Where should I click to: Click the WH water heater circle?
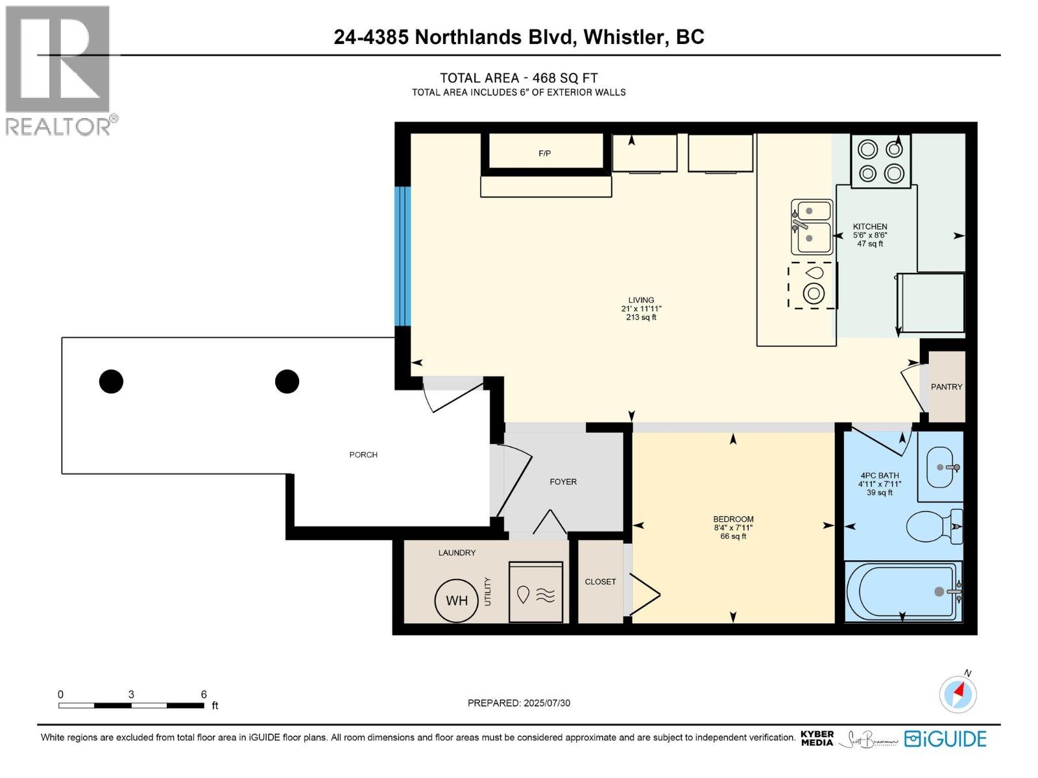[457, 600]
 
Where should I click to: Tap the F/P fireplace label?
[545, 154]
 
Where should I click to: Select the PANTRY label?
[947, 386]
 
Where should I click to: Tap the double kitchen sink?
[812, 226]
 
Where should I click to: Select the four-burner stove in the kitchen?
[881, 161]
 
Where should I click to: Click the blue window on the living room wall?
[404, 256]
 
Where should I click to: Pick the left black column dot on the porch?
[111, 381]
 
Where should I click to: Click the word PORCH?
[363, 454]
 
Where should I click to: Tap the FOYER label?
[563, 482]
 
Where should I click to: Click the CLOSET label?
[600, 582]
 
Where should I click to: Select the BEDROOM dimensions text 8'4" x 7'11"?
[733, 528]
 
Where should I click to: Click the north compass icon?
[958, 694]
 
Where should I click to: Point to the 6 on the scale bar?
[204, 694]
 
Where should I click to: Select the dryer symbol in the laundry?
[536, 593]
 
